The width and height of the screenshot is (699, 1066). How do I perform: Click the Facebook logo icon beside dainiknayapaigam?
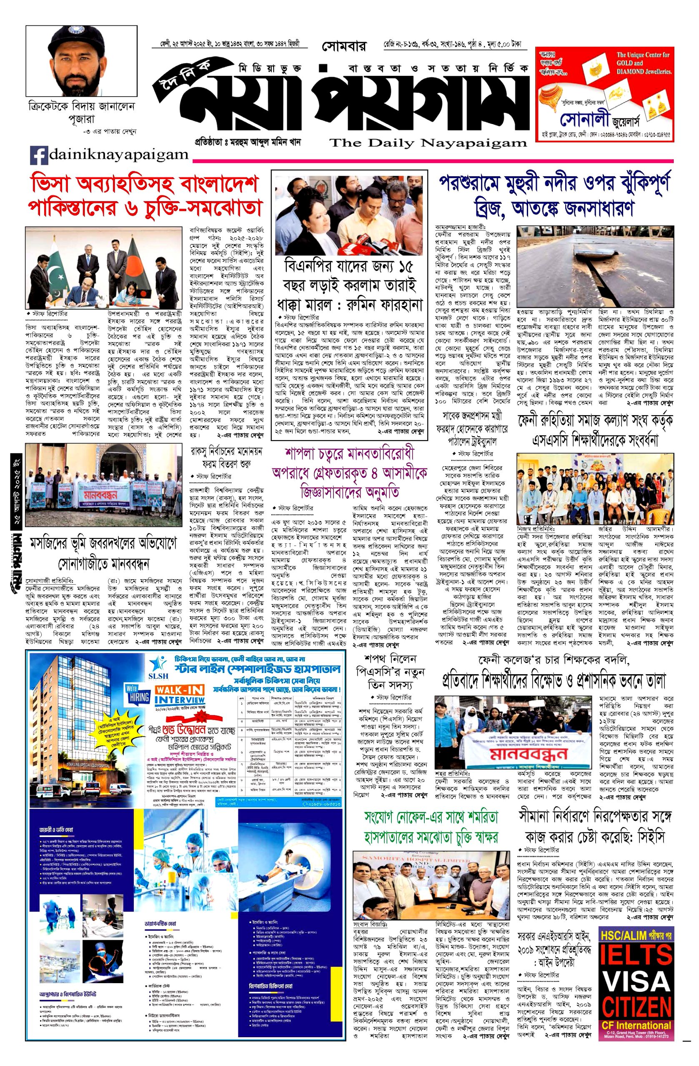click(39, 155)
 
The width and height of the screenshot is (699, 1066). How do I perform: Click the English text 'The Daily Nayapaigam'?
click(428, 143)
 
